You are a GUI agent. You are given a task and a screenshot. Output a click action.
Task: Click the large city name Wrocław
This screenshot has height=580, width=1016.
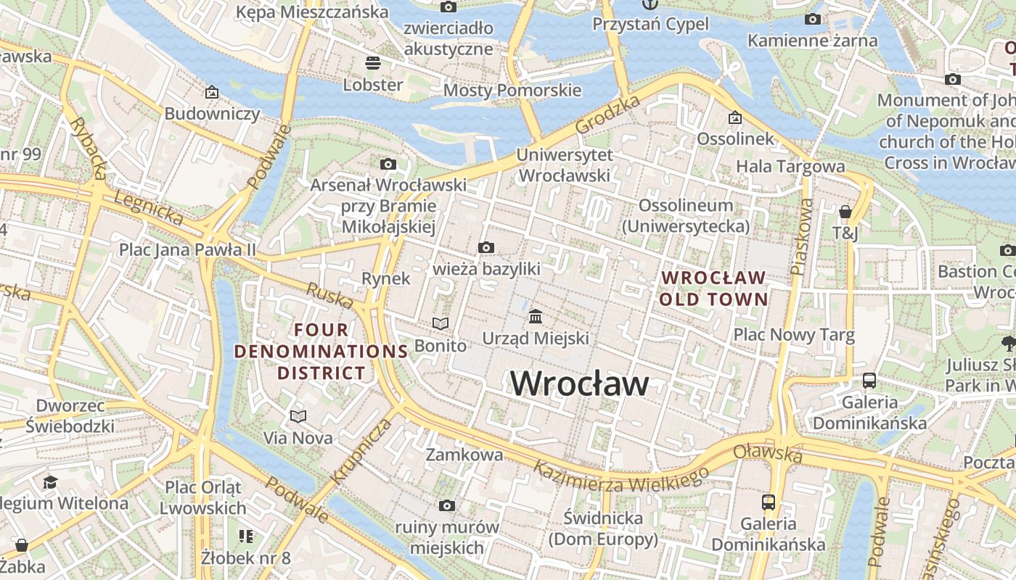point(579,383)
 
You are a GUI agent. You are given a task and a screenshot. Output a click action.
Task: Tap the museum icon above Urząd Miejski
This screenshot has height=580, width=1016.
point(536,317)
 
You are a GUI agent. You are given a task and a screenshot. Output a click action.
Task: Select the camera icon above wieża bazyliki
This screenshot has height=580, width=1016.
point(486,248)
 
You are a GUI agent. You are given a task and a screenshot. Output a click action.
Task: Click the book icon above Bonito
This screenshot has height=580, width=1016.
point(441,323)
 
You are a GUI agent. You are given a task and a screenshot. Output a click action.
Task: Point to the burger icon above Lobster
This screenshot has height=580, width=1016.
point(373,63)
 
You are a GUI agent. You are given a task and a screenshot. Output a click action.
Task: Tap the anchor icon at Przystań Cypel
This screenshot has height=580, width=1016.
point(649,6)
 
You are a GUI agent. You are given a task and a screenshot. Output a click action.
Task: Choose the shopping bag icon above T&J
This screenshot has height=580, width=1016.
point(845,212)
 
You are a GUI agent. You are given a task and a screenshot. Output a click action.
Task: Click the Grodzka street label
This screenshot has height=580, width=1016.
point(607,115)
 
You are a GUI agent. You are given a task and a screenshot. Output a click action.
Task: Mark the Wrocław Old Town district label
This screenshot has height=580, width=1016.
point(713,288)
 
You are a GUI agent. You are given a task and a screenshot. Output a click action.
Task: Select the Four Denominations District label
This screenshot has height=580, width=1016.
point(321,352)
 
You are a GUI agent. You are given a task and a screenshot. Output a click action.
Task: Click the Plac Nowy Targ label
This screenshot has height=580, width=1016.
point(794,335)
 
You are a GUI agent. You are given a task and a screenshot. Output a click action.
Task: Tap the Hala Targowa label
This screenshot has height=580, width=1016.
point(790,166)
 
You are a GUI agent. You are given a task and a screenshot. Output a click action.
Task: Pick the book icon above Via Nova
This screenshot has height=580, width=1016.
point(298,416)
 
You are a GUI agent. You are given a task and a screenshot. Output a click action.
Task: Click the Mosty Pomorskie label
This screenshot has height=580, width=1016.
point(512,90)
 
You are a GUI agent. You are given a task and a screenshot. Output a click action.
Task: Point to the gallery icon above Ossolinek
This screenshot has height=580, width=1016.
point(734,117)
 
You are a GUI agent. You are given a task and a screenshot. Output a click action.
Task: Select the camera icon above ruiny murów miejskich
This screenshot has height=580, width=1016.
point(447,505)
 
